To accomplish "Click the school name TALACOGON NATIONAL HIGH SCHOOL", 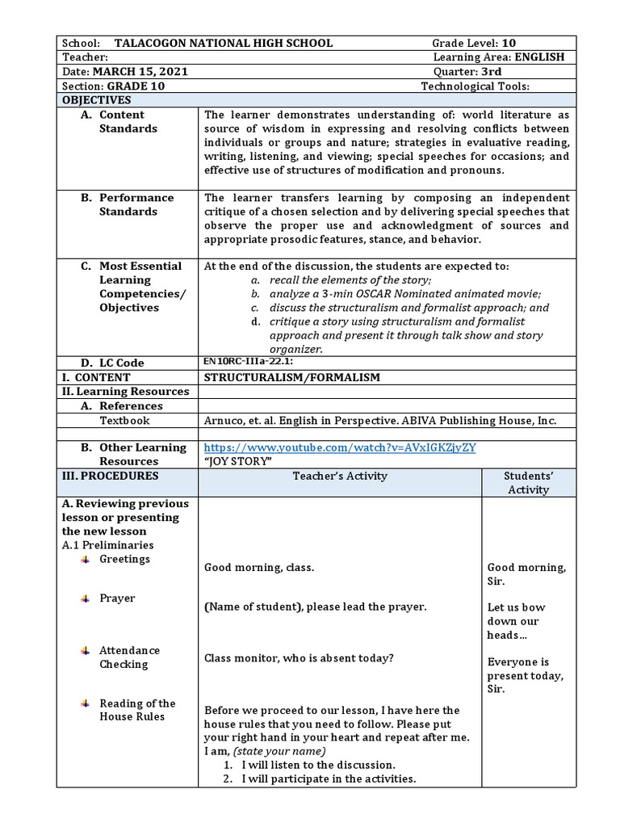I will coord(223,43).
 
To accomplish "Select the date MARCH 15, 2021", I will coord(140,72).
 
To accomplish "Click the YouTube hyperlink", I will coord(346,447).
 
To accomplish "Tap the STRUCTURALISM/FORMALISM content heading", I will coord(291,377).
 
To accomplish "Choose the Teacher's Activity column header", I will coord(340,476).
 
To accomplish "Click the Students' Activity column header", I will coord(527,482).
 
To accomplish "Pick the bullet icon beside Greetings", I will coord(85,560).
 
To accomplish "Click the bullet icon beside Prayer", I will coord(85,598).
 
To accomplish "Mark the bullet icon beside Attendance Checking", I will coord(85,650).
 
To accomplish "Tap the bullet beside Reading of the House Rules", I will coord(85,703).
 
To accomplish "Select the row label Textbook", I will coord(124,421).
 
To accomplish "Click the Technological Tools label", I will coord(475,86).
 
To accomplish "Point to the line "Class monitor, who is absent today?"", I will coord(299,658).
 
